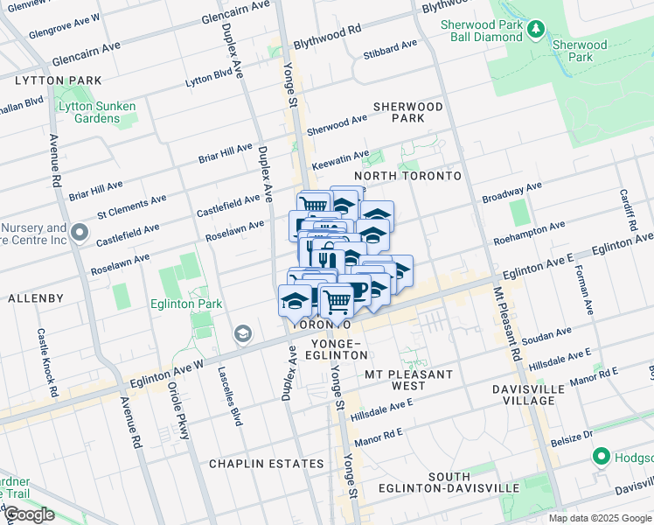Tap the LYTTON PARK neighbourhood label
click(x=49, y=80)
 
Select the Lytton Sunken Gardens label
click(x=96, y=113)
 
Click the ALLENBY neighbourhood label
click(x=35, y=298)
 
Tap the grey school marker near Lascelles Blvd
click(x=242, y=333)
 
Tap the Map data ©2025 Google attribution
click(x=600, y=518)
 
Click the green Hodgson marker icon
click(x=601, y=457)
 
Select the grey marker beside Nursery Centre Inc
click(x=80, y=232)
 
